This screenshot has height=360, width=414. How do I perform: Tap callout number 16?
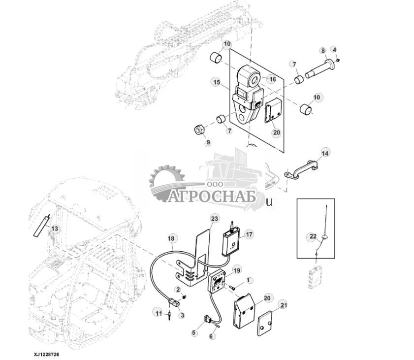tap(272, 79)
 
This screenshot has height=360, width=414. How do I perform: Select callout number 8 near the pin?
tap(323, 51)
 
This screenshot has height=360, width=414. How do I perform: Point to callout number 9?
tap(208, 142)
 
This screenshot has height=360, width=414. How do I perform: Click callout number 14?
tap(324, 153)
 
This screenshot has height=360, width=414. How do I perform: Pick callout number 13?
tap(55, 228)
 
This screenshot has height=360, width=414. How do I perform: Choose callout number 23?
tap(214, 218)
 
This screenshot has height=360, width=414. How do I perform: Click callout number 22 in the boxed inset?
tap(313, 237)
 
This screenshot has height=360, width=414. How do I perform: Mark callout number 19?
tap(237, 270)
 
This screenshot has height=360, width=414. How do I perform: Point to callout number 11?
tap(158, 313)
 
